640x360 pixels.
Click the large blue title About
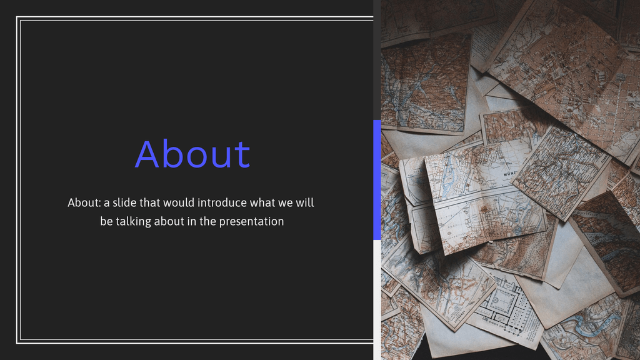point(192,154)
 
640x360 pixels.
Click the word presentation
point(251,222)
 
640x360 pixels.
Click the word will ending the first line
point(306,203)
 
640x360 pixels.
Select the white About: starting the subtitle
point(83,203)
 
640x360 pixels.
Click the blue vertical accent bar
point(377,179)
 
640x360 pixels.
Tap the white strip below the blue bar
point(377,300)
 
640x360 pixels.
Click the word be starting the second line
point(106,222)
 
